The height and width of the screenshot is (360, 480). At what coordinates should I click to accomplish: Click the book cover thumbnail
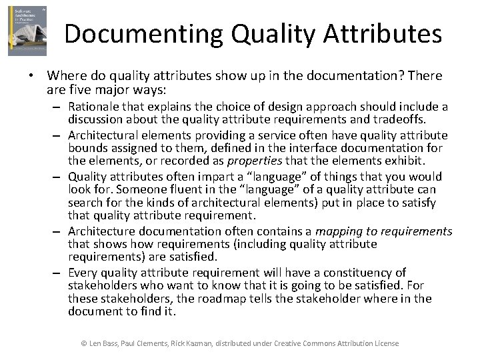point(27,31)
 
